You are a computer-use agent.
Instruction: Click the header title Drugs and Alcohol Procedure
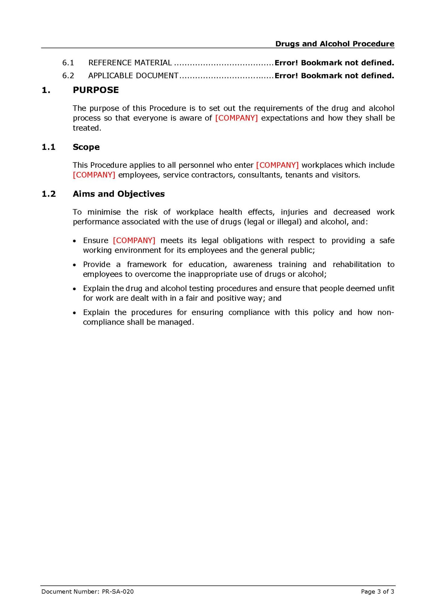point(335,44)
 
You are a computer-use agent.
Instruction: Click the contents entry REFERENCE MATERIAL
point(130,63)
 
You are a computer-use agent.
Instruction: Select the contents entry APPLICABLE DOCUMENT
point(133,76)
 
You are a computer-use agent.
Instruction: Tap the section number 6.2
point(68,76)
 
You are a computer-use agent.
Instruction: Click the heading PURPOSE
point(96,90)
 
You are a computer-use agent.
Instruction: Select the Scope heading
point(86,147)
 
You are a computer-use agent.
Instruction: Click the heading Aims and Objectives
point(119,194)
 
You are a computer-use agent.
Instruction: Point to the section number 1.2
point(49,194)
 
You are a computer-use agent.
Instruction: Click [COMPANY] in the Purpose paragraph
point(236,118)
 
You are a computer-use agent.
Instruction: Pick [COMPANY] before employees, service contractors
point(94,175)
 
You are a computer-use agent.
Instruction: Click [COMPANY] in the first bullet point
point(134,241)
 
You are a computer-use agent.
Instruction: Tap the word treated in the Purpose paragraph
point(86,128)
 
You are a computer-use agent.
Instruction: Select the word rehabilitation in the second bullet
point(357,265)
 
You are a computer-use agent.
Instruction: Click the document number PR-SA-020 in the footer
point(118,592)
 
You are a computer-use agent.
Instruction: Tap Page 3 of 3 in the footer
point(377,592)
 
